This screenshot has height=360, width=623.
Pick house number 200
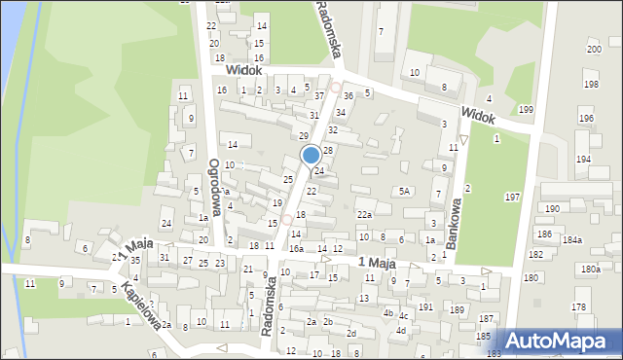[x=594, y=49]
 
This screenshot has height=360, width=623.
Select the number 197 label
[x=512, y=198]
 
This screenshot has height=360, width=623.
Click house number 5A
[x=404, y=192]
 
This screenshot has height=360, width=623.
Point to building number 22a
[x=364, y=214]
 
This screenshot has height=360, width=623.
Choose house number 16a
[x=296, y=249]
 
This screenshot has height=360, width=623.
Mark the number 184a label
[x=572, y=239]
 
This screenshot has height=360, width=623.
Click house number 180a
[x=590, y=269]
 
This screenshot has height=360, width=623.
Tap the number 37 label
[x=318, y=95]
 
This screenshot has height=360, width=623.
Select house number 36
[x=348, y=95]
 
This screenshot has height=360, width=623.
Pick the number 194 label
[x=583, y=159]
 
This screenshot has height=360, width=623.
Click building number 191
[x=425, y=306]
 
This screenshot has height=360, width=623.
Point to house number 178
[x=579, y=306]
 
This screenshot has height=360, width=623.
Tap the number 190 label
[x=552, y=208]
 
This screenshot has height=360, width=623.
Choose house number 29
[x=303, y=135]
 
